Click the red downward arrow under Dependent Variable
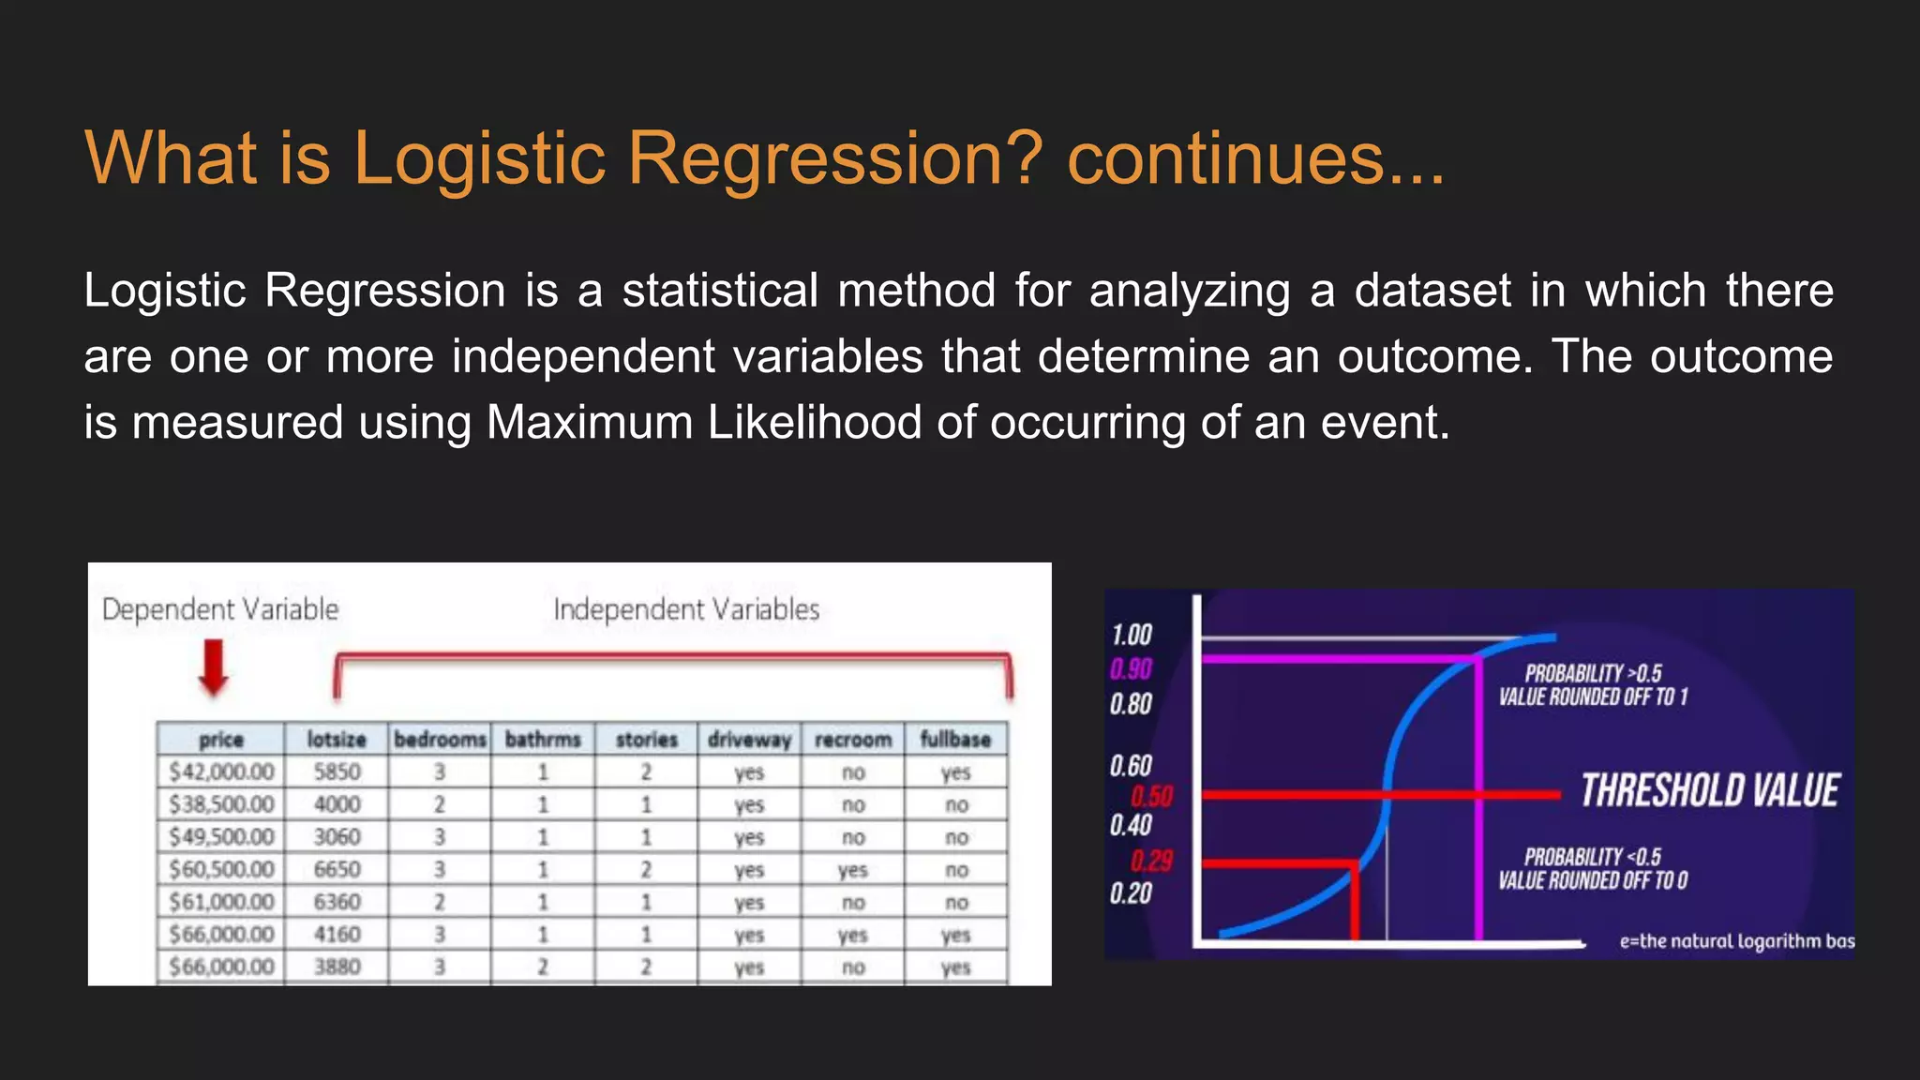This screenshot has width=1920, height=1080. pyautogui.click(x=215, y=667)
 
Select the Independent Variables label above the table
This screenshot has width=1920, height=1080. pyautogui.click(x=685, y=609)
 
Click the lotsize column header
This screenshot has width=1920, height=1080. pyautogui.click(x=337, y=740)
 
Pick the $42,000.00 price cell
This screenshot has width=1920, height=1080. pyautogui.click(x=221, y=772)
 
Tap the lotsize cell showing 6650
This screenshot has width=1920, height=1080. pyautogui.click(x=337, y=869)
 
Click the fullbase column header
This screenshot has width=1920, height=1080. pyautogui.click(x=954, y=740)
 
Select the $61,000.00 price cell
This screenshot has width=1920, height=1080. pyautogui.click(x=221, y=902)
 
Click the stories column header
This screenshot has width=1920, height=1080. pyautogui.click(x=646, y=740)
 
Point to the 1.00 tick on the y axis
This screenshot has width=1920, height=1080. pyautogui.click(x=1132, y=636)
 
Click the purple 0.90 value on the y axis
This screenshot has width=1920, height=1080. pyautogui.click(x=1131, y=669)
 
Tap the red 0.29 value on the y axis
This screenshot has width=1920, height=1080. pyautogui.click(x=1150, y=861)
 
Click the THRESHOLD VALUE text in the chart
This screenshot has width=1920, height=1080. pyautogui.click(x=1709, y=791)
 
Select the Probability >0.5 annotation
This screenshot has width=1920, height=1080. pyautogui.click(x=1592, y=685)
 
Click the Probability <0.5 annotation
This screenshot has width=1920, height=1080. pyautogui.click(x=1592, y=869)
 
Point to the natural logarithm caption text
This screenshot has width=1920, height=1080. pyautogui.click(x=1736, y=941)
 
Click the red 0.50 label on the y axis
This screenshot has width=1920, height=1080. pyautogui.click(x=1151, y=797)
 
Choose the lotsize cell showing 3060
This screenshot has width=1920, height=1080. pyautogui.click(x=337, y=836)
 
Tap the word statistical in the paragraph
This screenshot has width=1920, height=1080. pyautogui.click(x=720, y=291)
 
